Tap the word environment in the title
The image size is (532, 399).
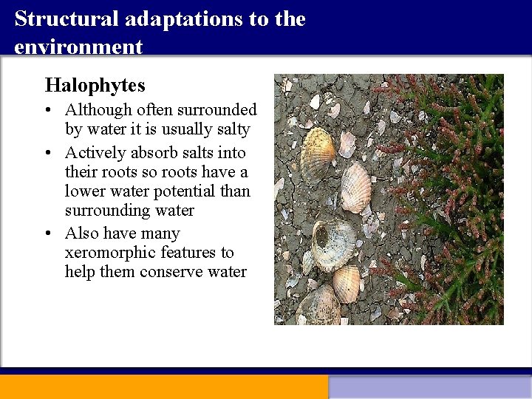78,47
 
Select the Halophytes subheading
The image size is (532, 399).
95,85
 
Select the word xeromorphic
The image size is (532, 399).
110,253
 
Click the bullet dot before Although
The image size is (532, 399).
48,111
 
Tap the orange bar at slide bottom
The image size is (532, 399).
163,386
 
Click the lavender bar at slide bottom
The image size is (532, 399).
429,387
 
